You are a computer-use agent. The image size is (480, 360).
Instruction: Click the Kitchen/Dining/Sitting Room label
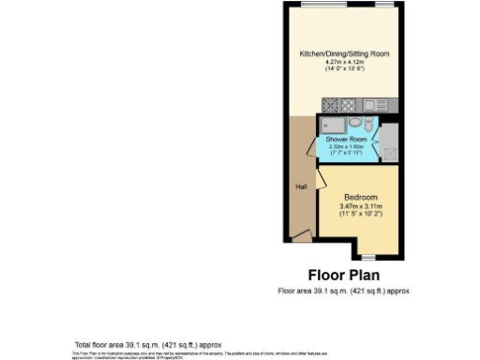tap(344, 55)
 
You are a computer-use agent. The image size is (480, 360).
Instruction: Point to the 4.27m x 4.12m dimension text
tap(344, 62)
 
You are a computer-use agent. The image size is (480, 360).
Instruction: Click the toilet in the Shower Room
tap(369, 125)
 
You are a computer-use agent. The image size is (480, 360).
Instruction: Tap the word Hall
tap(301, 187)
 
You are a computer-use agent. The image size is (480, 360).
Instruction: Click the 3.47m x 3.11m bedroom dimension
tap(360, 206)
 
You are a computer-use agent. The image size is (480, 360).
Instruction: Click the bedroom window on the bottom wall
tap(368, 256)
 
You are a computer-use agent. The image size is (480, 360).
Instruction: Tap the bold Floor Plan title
tap(344, 276)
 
